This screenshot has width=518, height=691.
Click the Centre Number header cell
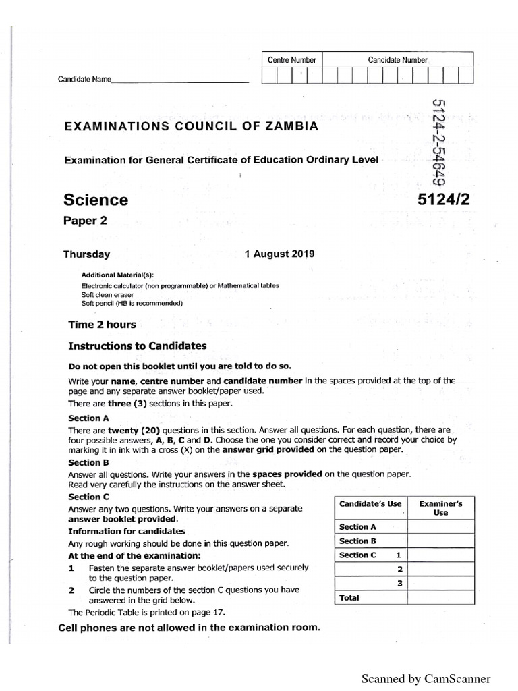pyautogui.click(x=291, y=60)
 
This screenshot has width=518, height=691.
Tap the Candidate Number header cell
pyautogui.click(x=397, y=60)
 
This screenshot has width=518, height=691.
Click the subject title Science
pyautogui.click(x=95, y=200)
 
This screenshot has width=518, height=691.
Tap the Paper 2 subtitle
pyautogui.click(x=84, y=221)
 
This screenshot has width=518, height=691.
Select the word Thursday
pyautogui.click(x=86, y=254)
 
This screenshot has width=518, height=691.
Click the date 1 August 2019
pyautogui.click(x=279, y=254)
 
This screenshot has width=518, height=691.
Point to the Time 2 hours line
pyautogui.click(x=102, y=324)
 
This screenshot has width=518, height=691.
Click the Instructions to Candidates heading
pyautogui.click(x=138, y=345)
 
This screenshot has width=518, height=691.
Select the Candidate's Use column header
pyautogui.click(x=370, y=504)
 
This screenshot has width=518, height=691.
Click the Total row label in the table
pyautogui.click(x=349, y=597)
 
